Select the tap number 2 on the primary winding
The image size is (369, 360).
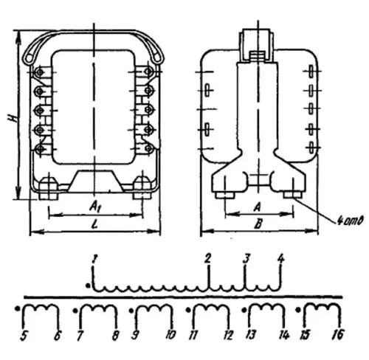[209, 259]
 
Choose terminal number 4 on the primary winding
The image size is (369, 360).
[280, 259]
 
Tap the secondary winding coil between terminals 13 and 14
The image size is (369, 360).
[264, 310]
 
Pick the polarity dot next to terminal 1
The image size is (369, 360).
[88, 284]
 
